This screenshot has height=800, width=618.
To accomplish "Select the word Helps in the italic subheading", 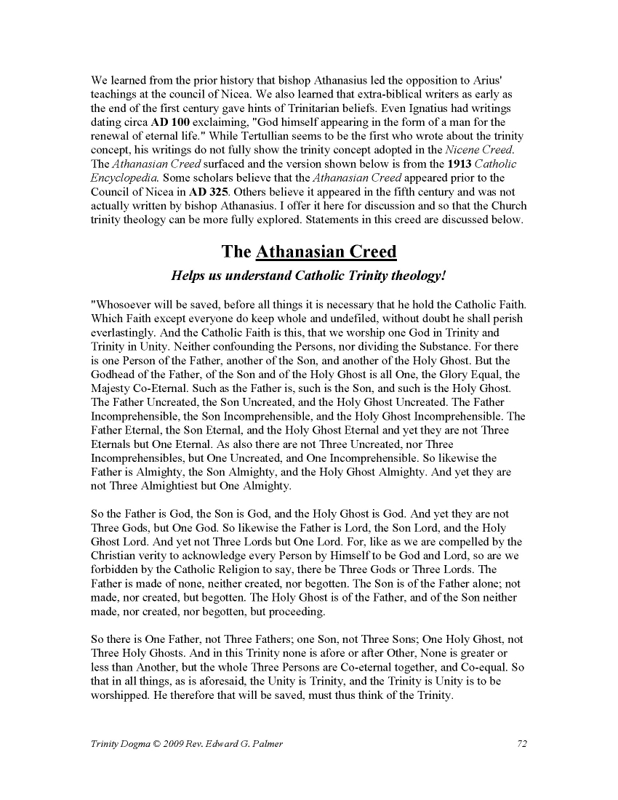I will (187, 276).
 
